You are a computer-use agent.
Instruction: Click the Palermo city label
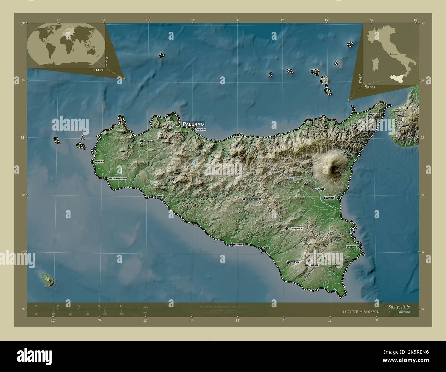pos(193,124)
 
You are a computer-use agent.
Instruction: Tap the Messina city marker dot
pos(382,114)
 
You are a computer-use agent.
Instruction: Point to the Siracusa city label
pos(352,247)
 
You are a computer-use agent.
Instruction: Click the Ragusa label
pos(314,265)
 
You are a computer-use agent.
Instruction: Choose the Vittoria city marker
pos(288,262)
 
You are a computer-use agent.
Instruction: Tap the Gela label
pos(266,248)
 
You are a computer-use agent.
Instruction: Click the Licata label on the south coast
pos(239,245)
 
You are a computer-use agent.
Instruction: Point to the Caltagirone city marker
pos(287,228)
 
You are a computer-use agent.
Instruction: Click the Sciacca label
pos(159,197)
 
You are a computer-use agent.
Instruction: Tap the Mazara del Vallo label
pos(117,179)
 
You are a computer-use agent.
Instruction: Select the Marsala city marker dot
pos(92,161)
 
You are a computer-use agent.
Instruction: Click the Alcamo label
pos(148,141)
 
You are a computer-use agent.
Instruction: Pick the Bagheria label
pos(200,129)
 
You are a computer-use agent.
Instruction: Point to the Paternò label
pos(315,189)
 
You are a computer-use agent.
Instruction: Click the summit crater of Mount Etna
pos(334,168)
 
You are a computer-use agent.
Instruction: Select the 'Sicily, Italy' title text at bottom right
pos(399,307)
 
